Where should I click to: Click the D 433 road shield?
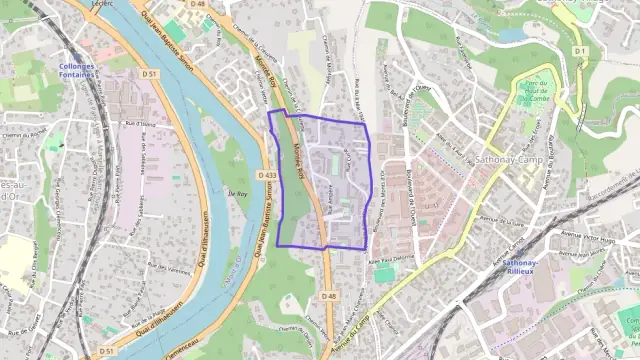click(267, 175)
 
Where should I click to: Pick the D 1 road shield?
click(580, 49)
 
